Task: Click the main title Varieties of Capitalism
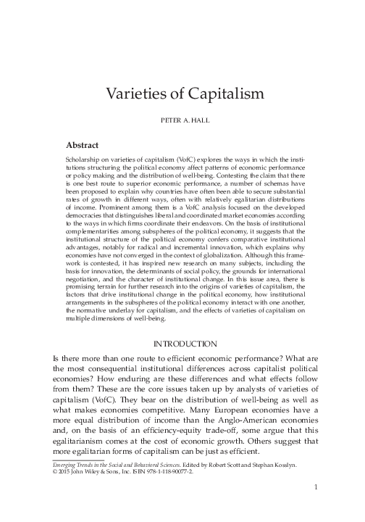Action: click(182, 94)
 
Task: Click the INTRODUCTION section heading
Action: click(182, 344)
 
